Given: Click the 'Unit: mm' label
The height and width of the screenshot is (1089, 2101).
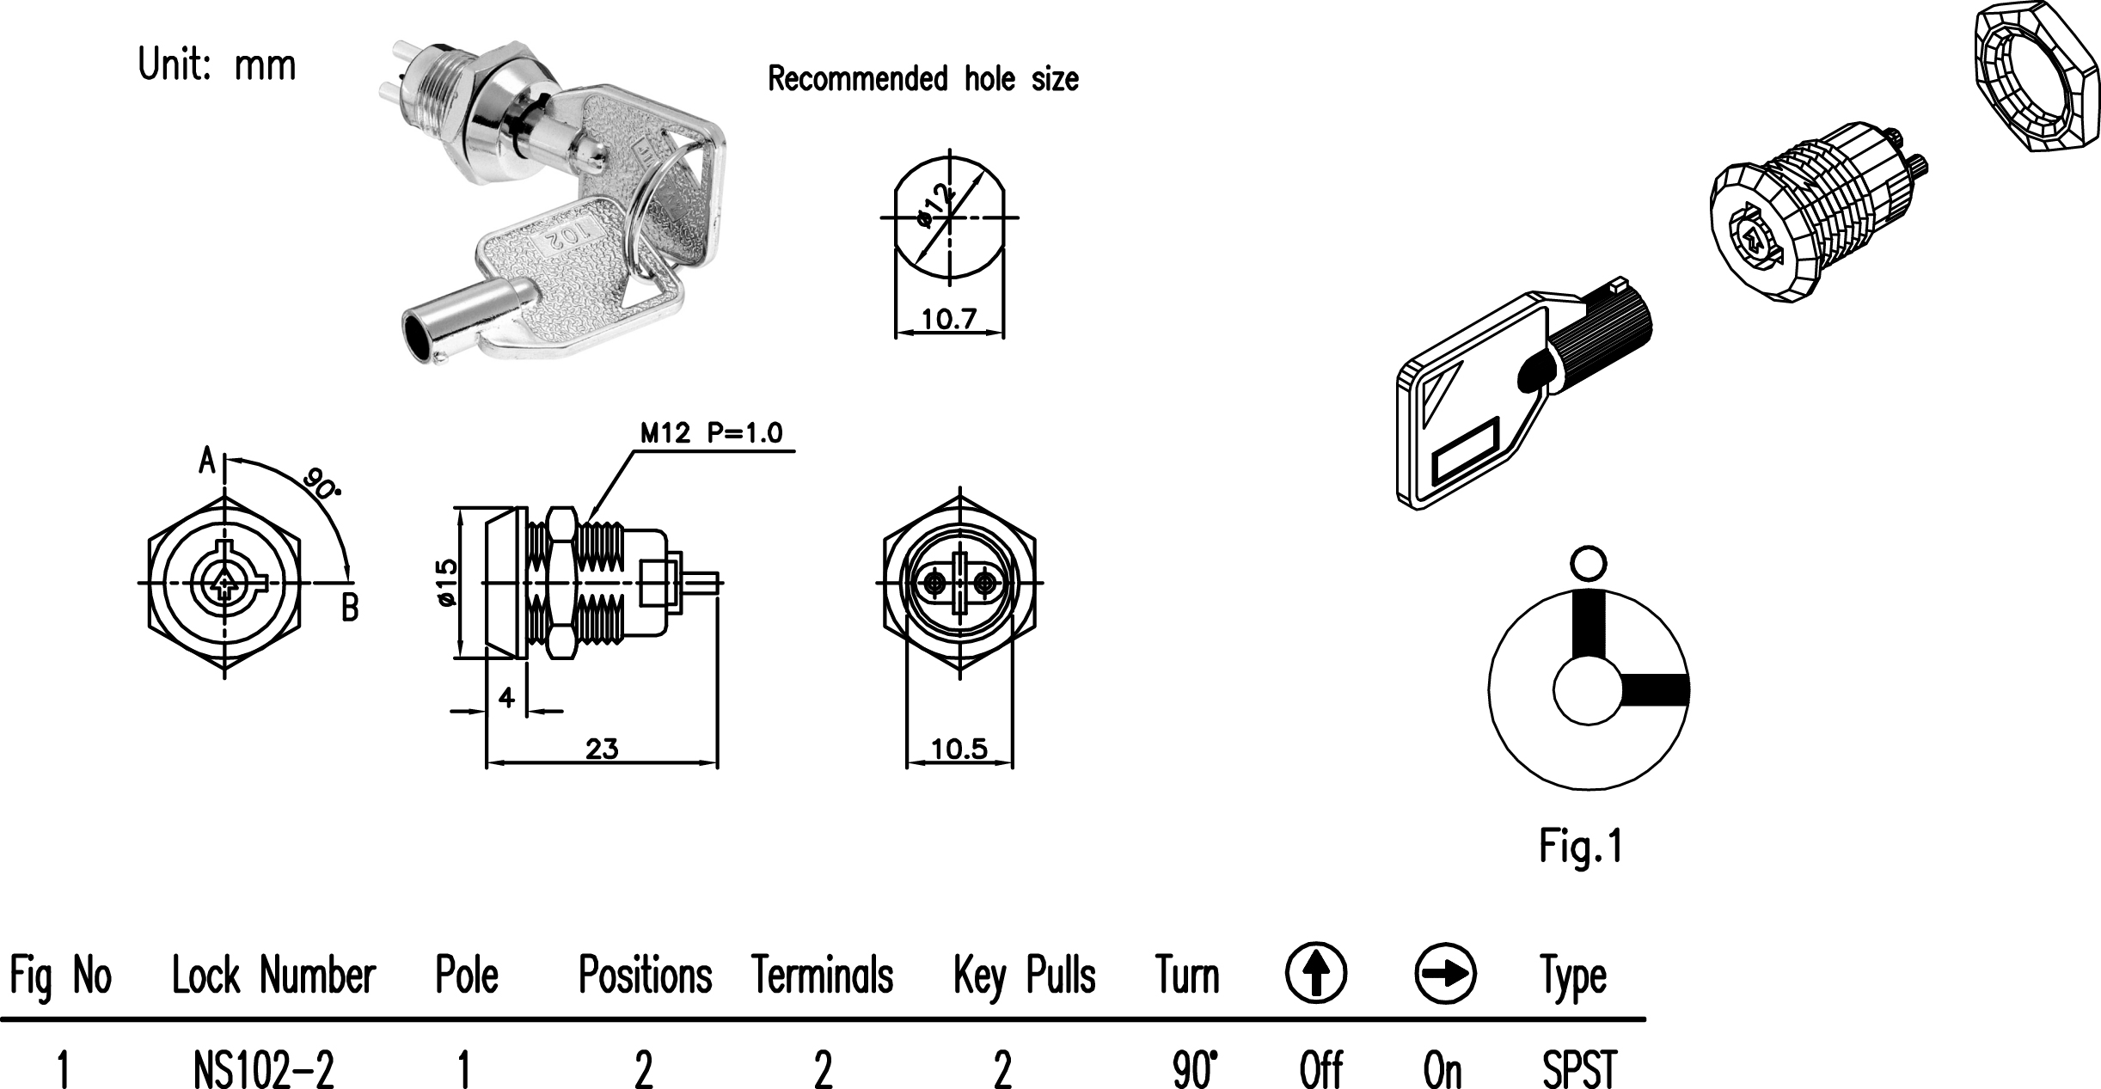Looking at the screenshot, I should click(x=217, y=65).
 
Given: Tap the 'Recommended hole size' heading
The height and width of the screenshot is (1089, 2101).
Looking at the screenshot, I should click(x=922, y=79).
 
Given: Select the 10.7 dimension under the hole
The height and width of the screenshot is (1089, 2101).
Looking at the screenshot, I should click(x=949, y=320).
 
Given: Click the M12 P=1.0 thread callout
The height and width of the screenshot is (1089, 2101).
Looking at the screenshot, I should click(x=711, y=433).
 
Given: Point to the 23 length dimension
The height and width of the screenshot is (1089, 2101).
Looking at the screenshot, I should click(x=602, y=749).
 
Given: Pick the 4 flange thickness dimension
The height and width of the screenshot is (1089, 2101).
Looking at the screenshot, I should click(x=506, y=697).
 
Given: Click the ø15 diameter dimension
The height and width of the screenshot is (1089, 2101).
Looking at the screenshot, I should click(x=447, y=583).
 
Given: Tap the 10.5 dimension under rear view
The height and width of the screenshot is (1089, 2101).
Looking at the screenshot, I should click(x=959, y=749).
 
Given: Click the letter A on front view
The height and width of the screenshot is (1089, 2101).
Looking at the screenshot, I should click(x=207, y=461).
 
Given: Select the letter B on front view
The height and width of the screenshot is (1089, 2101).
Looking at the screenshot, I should click(x=350, y=609).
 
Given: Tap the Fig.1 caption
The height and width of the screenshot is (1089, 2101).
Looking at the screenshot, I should click(x=1580, y=847).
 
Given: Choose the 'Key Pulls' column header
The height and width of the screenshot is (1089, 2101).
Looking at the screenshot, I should click(x=1024, y=976).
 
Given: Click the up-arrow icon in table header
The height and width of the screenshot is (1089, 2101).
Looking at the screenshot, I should click(x=1315, y=973).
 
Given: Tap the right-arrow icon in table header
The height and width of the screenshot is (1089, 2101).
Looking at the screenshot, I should click(x=1445, y=974).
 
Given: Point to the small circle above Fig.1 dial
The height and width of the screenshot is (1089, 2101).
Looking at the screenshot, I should click(x=1588, y=563).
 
